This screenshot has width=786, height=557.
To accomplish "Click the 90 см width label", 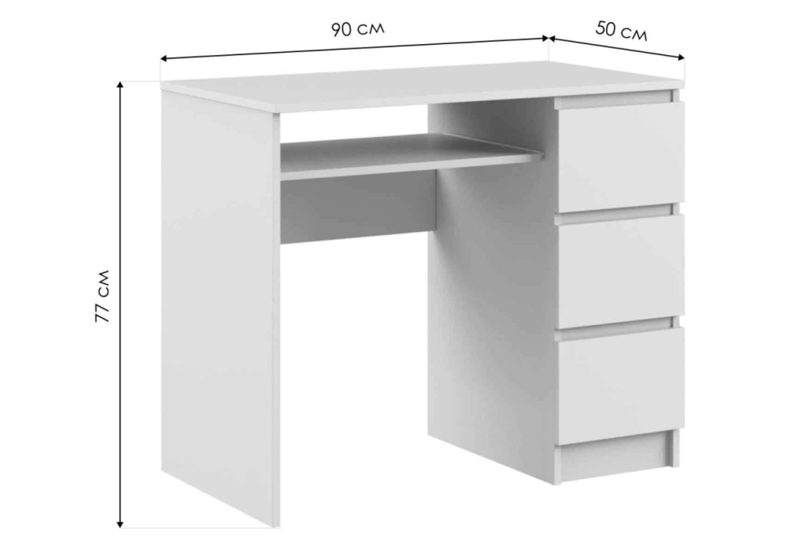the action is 358,30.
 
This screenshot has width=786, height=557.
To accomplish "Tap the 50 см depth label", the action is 621,31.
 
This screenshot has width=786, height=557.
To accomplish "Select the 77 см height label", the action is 102,296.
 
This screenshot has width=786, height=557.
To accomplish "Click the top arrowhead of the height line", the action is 120,84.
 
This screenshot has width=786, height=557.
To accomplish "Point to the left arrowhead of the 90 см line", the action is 164,59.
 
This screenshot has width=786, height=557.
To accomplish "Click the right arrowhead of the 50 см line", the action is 681,57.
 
